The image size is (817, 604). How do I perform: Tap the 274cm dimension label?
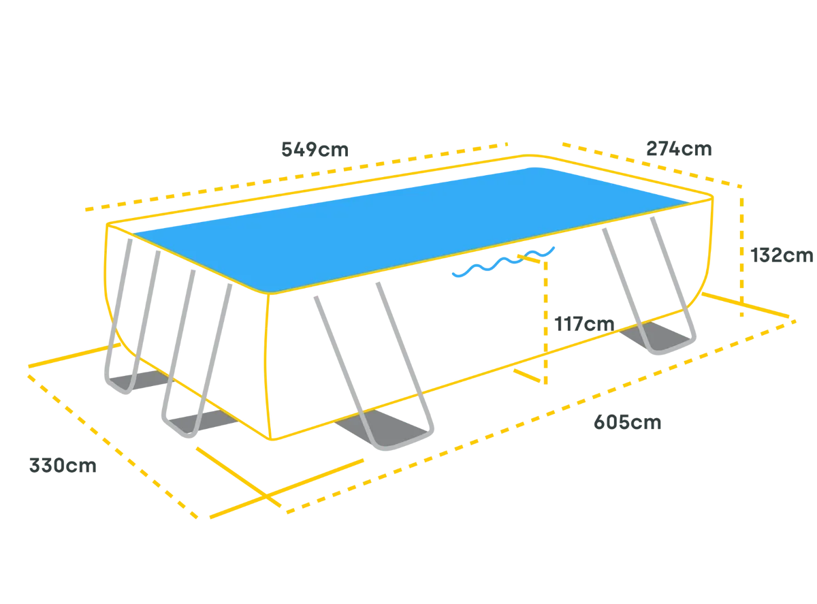pyautogui.click(x=679, y=148)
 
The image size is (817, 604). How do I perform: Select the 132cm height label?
pyautogui.click(x=782, y=255)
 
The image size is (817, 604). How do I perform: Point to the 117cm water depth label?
pyautogui.click(x=584, y=324)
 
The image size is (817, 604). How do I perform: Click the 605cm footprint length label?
pyautogui.click(x=627, y=422)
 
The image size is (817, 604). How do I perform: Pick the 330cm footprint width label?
pyautogui.click(x=63, y=466)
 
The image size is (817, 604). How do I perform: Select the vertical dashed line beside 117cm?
pyautogui.click(x=545, y=322)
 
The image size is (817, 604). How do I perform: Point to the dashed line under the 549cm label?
pyautogui.click(x=297, y=177)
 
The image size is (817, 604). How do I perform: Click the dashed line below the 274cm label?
pyautogui.click(x=652, y=165)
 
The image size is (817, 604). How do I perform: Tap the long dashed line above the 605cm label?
pyautogui.click(x=541, y=417)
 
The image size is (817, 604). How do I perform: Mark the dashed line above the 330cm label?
pyautogui.click(x=113, y=447)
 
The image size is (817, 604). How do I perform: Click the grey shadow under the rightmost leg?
pyautogui.click(x=656, y=336)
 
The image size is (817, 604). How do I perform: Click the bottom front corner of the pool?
pyautogui.click(x=272, y=439)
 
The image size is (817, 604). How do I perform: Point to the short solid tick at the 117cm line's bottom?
pyautogui.click(x=528, y=375)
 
